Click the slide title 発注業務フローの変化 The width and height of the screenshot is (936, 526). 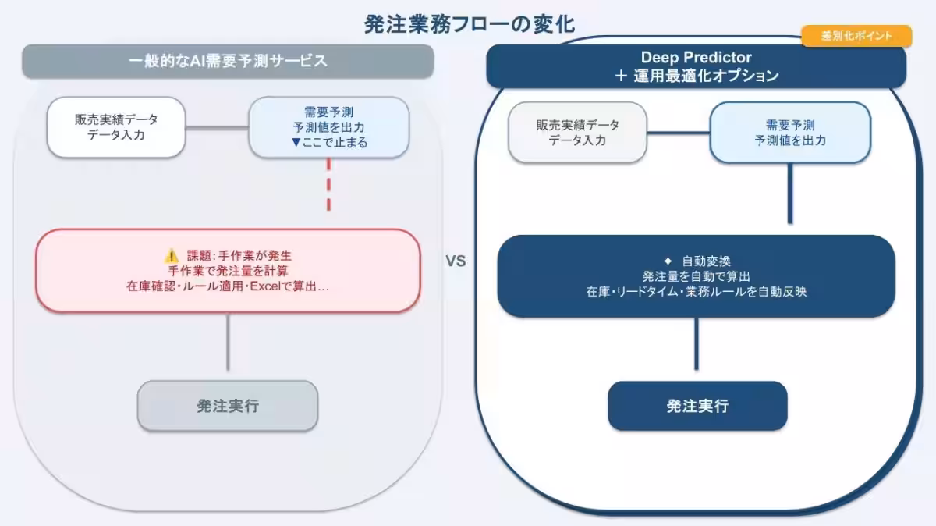click(470, 24)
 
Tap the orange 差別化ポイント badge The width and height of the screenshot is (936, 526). click(856, 36)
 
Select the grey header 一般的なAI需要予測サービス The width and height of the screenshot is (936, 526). click(228, 62)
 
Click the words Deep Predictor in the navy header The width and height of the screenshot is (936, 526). click(696, 57)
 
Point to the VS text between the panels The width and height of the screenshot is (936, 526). click(456, 261)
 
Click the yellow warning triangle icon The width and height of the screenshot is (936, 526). click(172, 255)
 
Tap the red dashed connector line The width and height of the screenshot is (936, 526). click(329, 184)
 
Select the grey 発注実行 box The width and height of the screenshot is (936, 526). click(228, 406)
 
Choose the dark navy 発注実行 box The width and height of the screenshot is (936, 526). click(697, 406)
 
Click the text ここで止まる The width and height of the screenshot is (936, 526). click(335, 143)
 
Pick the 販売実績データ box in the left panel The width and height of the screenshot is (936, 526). click(116, 127)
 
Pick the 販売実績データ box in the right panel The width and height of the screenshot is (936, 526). click(577, 133)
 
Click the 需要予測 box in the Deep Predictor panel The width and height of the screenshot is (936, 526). click(790, 133)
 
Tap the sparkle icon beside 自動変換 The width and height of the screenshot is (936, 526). click(668, 261)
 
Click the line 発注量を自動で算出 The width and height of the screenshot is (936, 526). click(696, 276)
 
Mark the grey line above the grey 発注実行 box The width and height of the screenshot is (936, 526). click(228, 342)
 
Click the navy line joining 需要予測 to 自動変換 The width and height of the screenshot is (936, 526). click(790, 194)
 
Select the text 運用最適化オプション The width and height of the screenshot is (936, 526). click(706, 76)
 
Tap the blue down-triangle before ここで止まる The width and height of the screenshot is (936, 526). click(296, 143)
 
